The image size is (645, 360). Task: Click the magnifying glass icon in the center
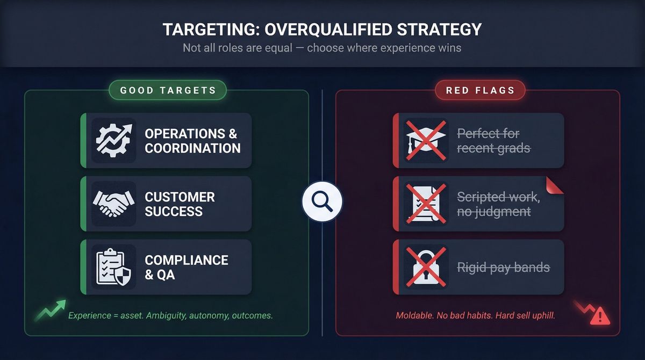322,203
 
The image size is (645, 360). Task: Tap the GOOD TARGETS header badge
168,90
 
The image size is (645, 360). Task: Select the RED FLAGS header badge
480,90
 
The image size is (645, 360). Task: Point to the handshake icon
114,204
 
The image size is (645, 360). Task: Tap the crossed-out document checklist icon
426,204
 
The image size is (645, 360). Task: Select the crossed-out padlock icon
426,267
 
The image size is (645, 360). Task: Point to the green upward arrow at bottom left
52,311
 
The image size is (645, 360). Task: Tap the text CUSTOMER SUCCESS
180,204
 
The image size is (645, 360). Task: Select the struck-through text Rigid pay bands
503,267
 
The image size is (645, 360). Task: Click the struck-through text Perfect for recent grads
493,141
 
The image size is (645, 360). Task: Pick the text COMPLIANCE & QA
187,267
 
